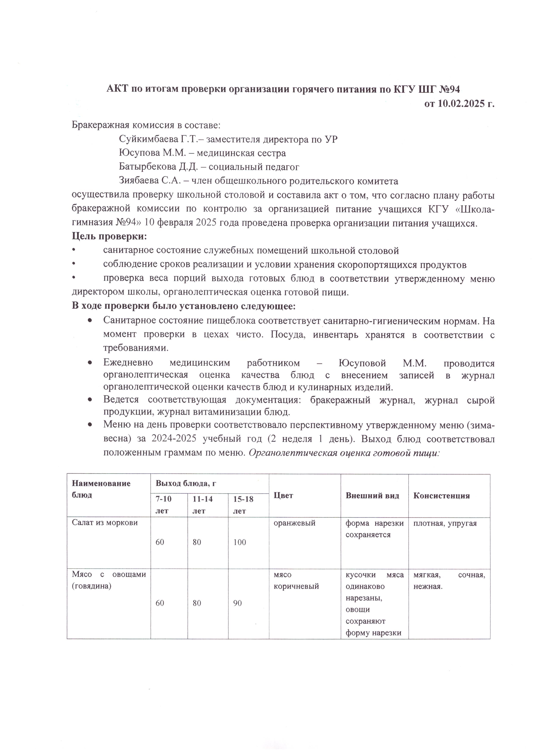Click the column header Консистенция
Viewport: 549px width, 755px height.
441,496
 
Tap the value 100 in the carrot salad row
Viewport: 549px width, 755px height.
239,542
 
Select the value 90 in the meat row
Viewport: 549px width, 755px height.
237,603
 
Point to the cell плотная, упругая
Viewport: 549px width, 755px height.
445,523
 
